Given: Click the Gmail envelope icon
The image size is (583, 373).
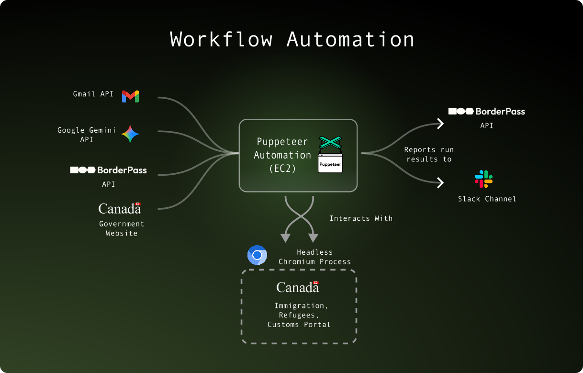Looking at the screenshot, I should [130, 96].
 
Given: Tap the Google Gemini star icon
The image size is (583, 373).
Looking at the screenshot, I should [130, 134].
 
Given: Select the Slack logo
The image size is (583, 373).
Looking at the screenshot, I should [483, 179].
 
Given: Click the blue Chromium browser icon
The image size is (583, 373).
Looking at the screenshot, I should [257, 255].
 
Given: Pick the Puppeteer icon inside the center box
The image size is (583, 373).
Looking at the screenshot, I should [330, 155].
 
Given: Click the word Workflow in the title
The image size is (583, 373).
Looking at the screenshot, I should [221, 39].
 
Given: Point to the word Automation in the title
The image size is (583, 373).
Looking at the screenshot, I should [350, 39].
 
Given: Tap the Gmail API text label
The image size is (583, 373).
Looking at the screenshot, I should [93, 94].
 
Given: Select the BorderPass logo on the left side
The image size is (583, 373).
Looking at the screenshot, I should [109, 170].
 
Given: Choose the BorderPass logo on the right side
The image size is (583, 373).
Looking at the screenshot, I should [486, 111].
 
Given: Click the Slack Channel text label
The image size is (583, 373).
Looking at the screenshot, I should [487, 199].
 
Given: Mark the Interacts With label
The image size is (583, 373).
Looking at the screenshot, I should [361, 218].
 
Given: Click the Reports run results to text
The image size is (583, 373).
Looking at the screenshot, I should [429, 154].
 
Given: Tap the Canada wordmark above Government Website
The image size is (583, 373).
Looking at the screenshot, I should [120, 208].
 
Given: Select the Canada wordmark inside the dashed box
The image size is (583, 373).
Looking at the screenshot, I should [297, 287].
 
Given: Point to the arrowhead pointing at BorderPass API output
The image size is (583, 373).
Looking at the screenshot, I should [440, 124].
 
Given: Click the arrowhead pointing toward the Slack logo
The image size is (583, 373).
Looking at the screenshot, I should [440, 182].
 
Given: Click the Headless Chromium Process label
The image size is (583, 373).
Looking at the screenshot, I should [314, 257].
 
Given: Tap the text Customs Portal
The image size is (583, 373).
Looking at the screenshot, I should [299, 325].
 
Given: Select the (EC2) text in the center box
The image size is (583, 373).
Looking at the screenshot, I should [282, 168].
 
